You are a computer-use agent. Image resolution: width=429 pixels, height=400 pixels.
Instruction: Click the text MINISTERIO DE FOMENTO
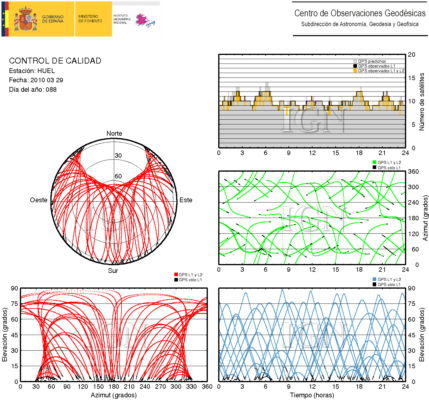(x=90, y=19)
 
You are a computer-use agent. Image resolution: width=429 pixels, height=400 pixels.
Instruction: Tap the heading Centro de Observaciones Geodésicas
(x=360, y=13)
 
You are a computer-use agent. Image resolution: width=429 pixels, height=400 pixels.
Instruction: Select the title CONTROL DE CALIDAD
(x=55, y=61)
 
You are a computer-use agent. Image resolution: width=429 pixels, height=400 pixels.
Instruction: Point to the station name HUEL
(x=46, y=71)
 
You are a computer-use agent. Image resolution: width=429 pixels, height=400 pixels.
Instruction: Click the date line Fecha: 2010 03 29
(x=36, y=80)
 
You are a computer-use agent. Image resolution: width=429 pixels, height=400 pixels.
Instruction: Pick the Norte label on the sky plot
(x=114, y=134)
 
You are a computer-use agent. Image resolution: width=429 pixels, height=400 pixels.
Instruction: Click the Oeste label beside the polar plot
(x=39, y=200)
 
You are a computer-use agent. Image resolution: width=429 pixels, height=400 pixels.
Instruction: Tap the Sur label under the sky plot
(x=113, y=271)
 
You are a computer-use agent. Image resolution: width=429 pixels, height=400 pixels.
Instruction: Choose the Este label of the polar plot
(x=186, y=200)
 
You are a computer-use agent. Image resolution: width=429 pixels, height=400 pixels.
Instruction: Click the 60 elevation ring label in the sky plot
(x=118, y=176)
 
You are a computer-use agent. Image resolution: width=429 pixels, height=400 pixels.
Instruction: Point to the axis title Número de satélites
(x=422, y=102)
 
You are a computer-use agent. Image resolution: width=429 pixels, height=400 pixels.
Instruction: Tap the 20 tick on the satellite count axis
(x=412, y=55)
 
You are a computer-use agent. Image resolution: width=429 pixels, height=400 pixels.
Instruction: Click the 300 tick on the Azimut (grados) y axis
(x=413, y=187)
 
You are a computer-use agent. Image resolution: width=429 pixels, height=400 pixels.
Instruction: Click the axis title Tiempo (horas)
(x=312, y=395)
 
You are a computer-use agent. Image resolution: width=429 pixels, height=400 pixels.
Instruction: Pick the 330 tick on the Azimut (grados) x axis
(x=192, y=387)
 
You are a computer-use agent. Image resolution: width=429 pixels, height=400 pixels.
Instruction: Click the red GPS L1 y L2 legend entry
(x=190, y=275)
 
